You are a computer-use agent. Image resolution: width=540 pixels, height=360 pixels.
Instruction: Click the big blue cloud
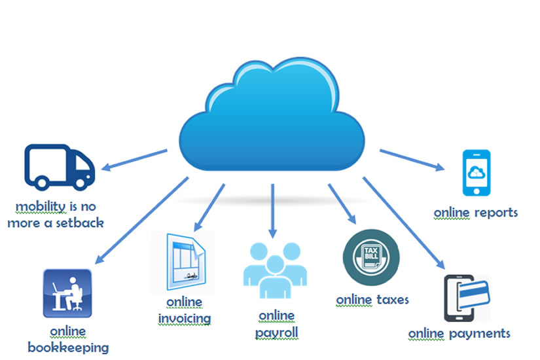click(x=272, y=118)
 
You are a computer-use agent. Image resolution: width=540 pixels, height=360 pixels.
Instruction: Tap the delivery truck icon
click(x=60, y=167)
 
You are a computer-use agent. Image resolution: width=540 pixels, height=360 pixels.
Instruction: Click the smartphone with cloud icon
click(x=477, y=173)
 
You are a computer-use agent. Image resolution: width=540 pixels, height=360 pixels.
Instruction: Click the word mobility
click(x=41, y=207)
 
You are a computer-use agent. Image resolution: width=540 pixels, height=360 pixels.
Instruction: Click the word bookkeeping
click(x=68, y=346)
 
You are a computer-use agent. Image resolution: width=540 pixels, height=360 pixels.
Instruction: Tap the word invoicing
click(x=185, y=318)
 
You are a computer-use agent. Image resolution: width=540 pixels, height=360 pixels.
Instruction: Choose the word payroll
click(x=276, y=333)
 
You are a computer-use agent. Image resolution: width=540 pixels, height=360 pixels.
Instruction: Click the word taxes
click(x=393, y=300)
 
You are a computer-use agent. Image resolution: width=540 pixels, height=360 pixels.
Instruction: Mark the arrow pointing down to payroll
click(x=273, y=209)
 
